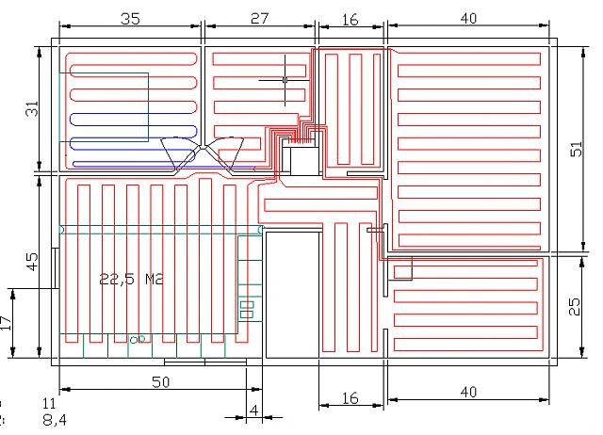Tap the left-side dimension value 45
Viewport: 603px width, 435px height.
tap(32, 261)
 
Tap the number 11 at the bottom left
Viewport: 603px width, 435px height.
tap(52, 403)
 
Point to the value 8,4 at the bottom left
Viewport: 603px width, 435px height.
tap(55, 419)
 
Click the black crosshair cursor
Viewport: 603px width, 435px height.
tap(285, 79)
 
